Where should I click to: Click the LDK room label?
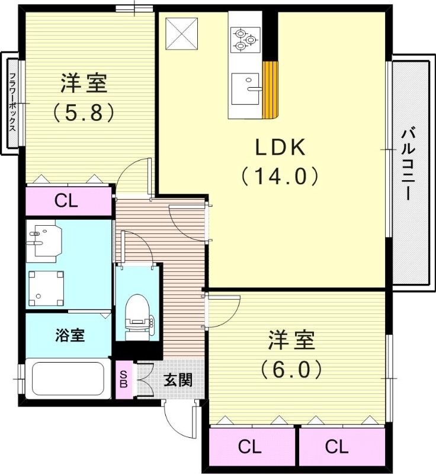(x=280, y=147)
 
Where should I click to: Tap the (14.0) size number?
(x=280, y=176)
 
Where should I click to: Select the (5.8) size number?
(x=84, y=113)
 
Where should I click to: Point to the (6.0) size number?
(x=291, y=370)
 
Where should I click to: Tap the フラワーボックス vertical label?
(x=12, y=104)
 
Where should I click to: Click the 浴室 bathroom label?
(x=69, y=335)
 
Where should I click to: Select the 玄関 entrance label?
(x=178, y=380)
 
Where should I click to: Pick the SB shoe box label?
(x=124, y=379)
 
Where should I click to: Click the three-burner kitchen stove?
(x=245, y=39)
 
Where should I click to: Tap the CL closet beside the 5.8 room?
(x=67, y=201)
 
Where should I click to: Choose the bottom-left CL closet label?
(x=251, y=447)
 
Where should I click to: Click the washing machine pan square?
(x=46, y=286)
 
